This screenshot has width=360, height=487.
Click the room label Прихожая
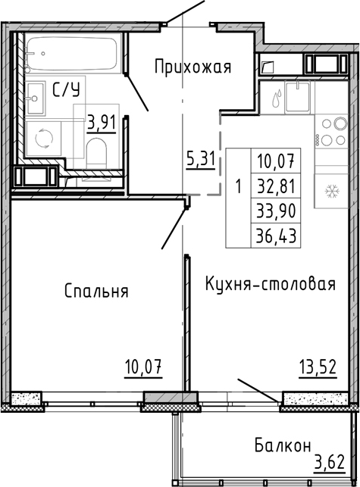click(192, 67)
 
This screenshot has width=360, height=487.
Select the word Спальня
click(95, 291)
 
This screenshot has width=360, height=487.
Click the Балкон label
click(281, 446)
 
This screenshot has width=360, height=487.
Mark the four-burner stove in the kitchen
click(330, 132)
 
